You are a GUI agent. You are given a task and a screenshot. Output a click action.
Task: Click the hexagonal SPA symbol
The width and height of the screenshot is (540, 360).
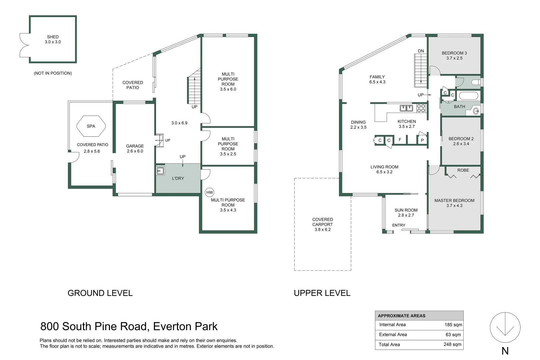tap(91, 126)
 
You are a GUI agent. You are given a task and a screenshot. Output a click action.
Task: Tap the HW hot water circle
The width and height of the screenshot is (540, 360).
tap(209, 192)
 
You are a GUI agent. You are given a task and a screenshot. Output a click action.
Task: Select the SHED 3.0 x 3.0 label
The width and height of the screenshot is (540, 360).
tap(53, 39)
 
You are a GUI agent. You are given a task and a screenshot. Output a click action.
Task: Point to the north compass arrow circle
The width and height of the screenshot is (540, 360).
tap(505, 327)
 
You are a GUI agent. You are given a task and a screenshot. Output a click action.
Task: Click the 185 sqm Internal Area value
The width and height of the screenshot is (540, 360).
tap(453, 325)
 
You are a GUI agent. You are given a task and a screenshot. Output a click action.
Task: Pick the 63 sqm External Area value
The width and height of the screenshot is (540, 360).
tap(453, 335)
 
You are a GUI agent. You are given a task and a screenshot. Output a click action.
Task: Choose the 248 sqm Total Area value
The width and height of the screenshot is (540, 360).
tap(452, 345)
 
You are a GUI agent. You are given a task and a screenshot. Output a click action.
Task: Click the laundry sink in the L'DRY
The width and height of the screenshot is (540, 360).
tap(161, 171)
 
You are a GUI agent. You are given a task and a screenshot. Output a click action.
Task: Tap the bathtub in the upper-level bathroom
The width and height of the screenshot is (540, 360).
tap(468, 96)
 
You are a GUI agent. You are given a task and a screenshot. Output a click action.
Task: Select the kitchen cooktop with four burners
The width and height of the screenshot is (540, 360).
tap(421, 108)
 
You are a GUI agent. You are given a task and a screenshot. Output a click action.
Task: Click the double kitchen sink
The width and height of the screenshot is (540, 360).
tap(406, 108)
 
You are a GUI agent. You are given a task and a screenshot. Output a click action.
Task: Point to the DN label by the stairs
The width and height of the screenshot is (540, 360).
tap(421, 51)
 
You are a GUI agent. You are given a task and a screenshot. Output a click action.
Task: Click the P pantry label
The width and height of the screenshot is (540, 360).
tap(422, 140)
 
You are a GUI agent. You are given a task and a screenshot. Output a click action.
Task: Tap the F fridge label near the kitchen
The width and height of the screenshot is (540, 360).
tap(400, 140)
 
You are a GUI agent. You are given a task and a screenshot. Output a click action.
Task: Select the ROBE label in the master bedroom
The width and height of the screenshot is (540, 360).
tap(463, 170)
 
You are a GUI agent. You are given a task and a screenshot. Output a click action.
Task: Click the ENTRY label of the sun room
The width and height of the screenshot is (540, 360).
tap(399, 225)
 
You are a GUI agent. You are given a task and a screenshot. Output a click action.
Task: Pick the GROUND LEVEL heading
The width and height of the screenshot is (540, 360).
tap(100, 293)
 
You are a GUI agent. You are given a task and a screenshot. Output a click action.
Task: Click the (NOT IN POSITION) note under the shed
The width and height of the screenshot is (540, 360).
tap(53, 73)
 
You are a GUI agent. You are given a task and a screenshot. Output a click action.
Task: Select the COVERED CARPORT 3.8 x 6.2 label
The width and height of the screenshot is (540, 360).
tap(323, 224)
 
